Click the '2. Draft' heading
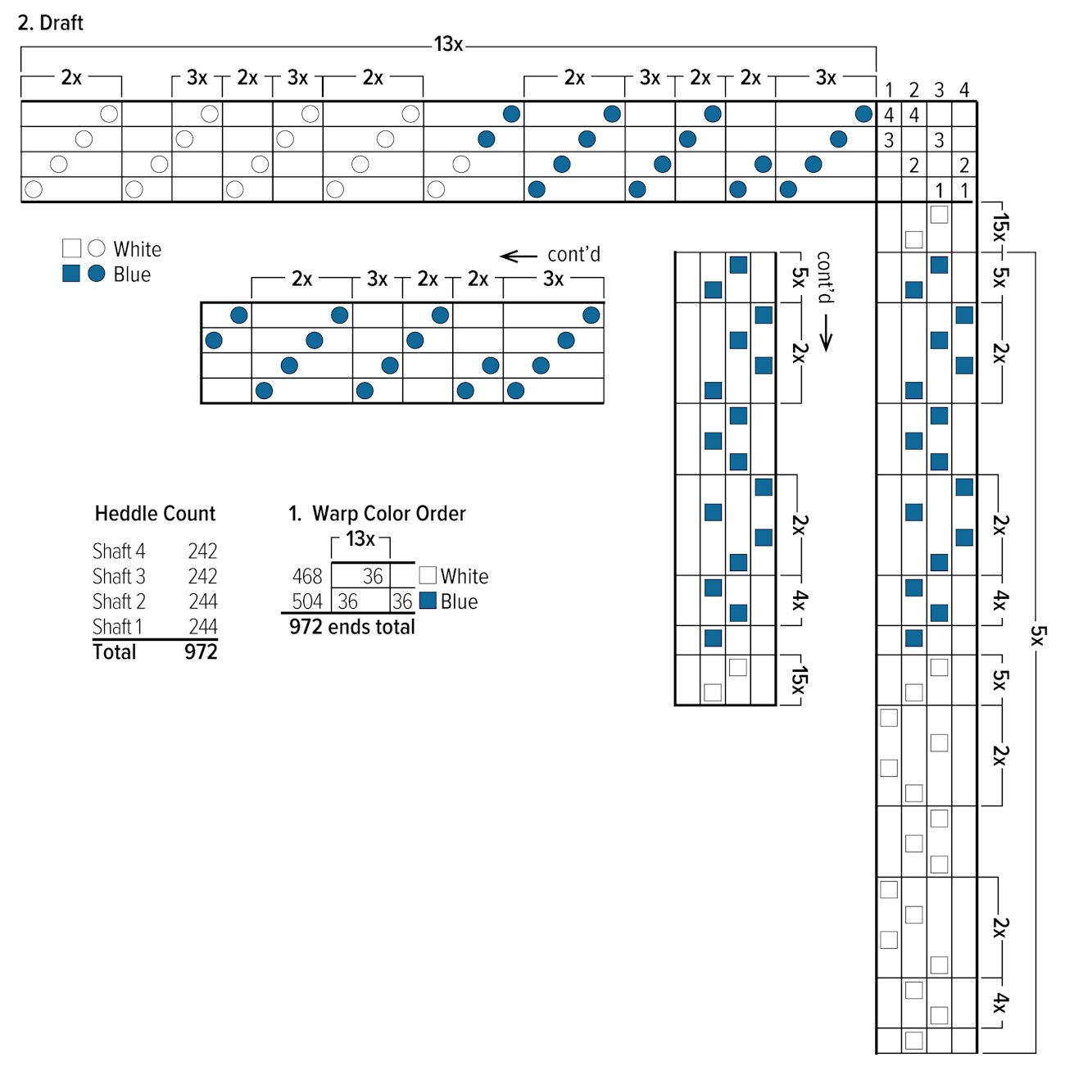point(50,23)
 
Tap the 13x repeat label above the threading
point(448,44)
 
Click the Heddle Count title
point(155,514)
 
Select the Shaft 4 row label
point(119,551)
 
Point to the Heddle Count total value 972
point(201,652)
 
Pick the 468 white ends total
point(307,577)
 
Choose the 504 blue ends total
point(307,602)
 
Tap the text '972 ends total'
point(351,627)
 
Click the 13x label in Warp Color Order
point(360,539)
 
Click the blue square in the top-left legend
point(71,274)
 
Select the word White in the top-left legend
point(137,249)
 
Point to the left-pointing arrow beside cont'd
point(518,256)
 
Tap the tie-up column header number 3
point(939,90)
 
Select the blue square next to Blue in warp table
point(428,601)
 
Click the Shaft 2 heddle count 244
point(202,602)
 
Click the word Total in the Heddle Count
point(115,652)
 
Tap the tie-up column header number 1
point(889,90)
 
